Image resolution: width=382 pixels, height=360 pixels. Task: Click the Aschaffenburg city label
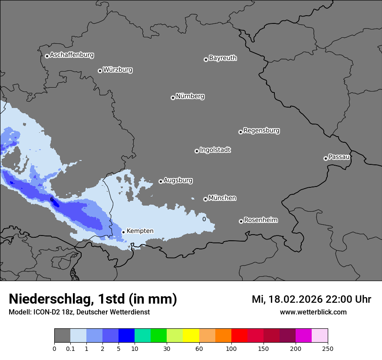tap(72, 55)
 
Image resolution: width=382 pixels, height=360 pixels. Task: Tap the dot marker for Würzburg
tap(100, 71)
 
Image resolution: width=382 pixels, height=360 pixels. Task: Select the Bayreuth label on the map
tap(223, 58)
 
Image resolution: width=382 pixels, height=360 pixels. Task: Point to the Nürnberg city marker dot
tap(173, 98)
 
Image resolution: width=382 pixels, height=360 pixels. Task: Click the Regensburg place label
tap(261, 131)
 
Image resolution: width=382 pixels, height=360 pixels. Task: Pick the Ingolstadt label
tap(215, 150)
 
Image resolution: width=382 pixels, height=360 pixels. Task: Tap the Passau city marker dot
tap(326, 158)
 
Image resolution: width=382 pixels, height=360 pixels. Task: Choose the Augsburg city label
tap(178, 180)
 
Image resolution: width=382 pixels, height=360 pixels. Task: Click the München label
tap(222, 198)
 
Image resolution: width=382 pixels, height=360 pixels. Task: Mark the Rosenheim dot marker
tap(241, 222)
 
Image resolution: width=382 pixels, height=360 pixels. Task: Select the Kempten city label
tap(140, 231)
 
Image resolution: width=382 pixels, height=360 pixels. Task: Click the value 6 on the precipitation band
tap(52, 199)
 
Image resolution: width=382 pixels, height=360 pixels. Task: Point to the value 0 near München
tap(204, 219)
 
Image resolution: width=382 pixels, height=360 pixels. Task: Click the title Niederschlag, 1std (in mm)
tap(93, 299)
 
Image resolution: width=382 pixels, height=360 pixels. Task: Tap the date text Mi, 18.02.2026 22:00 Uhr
tap(311, 299)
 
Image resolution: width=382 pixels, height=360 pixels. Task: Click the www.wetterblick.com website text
tap(313, 312)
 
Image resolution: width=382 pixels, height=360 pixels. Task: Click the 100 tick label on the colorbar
tap(231, 348)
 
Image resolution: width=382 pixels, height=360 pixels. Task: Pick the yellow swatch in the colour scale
tap(191, 336)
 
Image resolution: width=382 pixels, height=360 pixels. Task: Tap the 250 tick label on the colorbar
tap(328, 348)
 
